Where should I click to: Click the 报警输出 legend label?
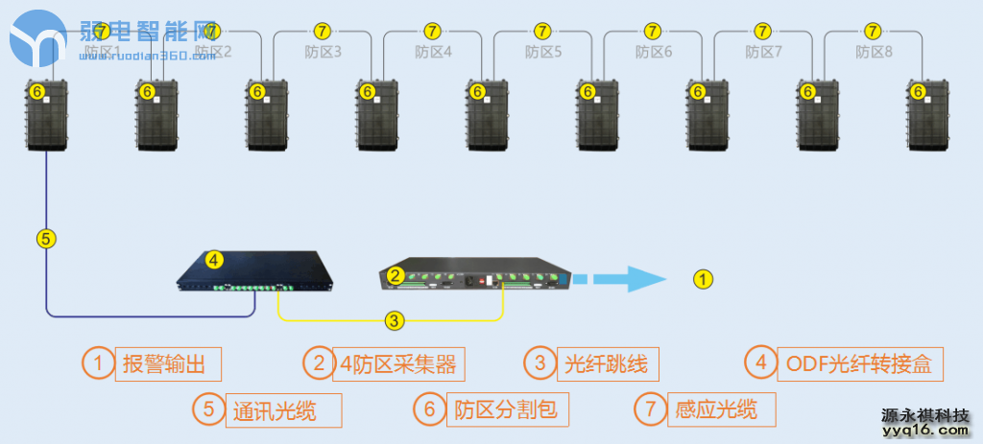167,363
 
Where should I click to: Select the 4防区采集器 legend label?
397,363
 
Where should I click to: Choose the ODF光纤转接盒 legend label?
858,363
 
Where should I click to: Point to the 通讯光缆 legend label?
273,410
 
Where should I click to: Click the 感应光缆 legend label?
716,410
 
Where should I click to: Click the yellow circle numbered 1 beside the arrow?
704,279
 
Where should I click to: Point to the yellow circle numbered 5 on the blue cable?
46,238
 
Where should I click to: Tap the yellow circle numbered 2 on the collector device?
395,275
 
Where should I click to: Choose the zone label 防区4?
434,52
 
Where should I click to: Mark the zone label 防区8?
875,52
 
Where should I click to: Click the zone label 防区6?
654,52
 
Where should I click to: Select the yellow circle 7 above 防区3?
322,31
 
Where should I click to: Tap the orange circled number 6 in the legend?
429,409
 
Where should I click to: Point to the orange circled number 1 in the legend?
97,362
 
